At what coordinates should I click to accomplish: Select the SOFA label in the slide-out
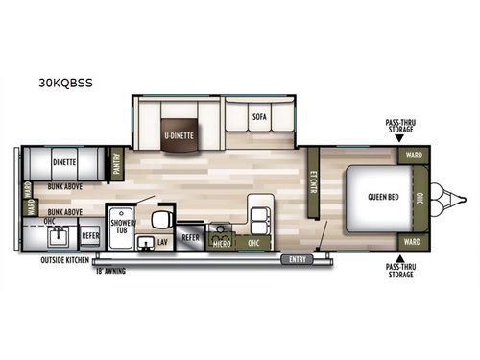259,117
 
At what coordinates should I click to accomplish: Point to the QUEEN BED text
382,198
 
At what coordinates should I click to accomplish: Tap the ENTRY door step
300,258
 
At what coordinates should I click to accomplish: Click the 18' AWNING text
111,272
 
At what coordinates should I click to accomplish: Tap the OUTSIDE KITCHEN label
64,260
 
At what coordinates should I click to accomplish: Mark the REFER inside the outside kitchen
89,235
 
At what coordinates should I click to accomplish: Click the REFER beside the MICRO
191,236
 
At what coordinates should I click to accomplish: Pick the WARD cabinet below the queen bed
413,241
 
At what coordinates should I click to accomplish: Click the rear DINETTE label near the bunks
64,163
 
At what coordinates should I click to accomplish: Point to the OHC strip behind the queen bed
420,198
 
